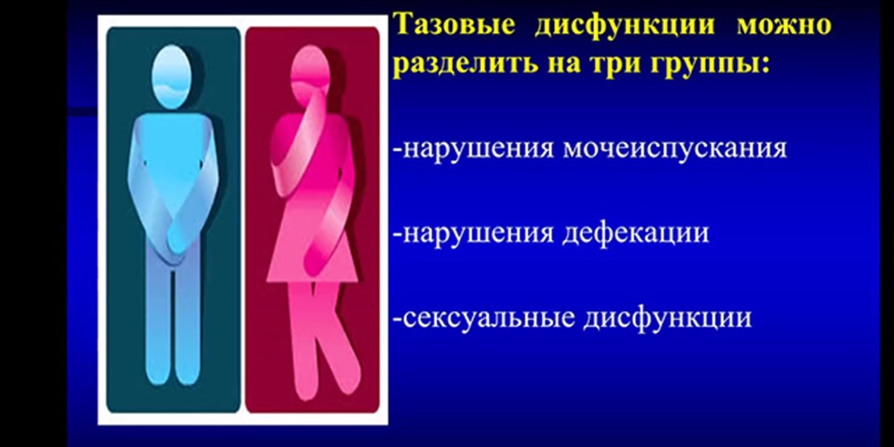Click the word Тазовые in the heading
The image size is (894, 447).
455,26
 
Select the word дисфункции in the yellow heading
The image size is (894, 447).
625,26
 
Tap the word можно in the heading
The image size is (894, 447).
784,26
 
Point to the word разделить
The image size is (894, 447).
454,64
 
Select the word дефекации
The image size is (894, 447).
636,233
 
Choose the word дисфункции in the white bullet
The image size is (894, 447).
668,318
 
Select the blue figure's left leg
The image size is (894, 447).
157,328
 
